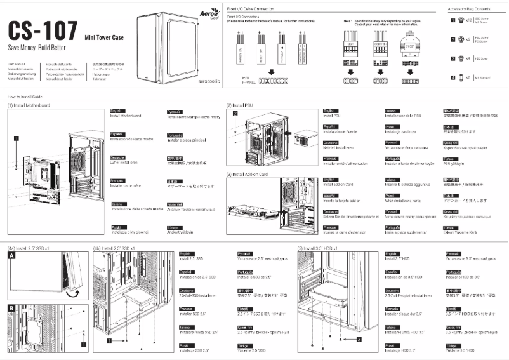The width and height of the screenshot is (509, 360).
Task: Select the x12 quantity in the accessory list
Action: pos(469,21)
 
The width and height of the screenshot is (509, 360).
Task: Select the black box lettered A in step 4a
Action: pos(11,256)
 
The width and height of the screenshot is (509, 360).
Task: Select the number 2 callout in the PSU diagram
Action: pos(234,114)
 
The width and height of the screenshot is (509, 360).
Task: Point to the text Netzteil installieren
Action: pos(338,147)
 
